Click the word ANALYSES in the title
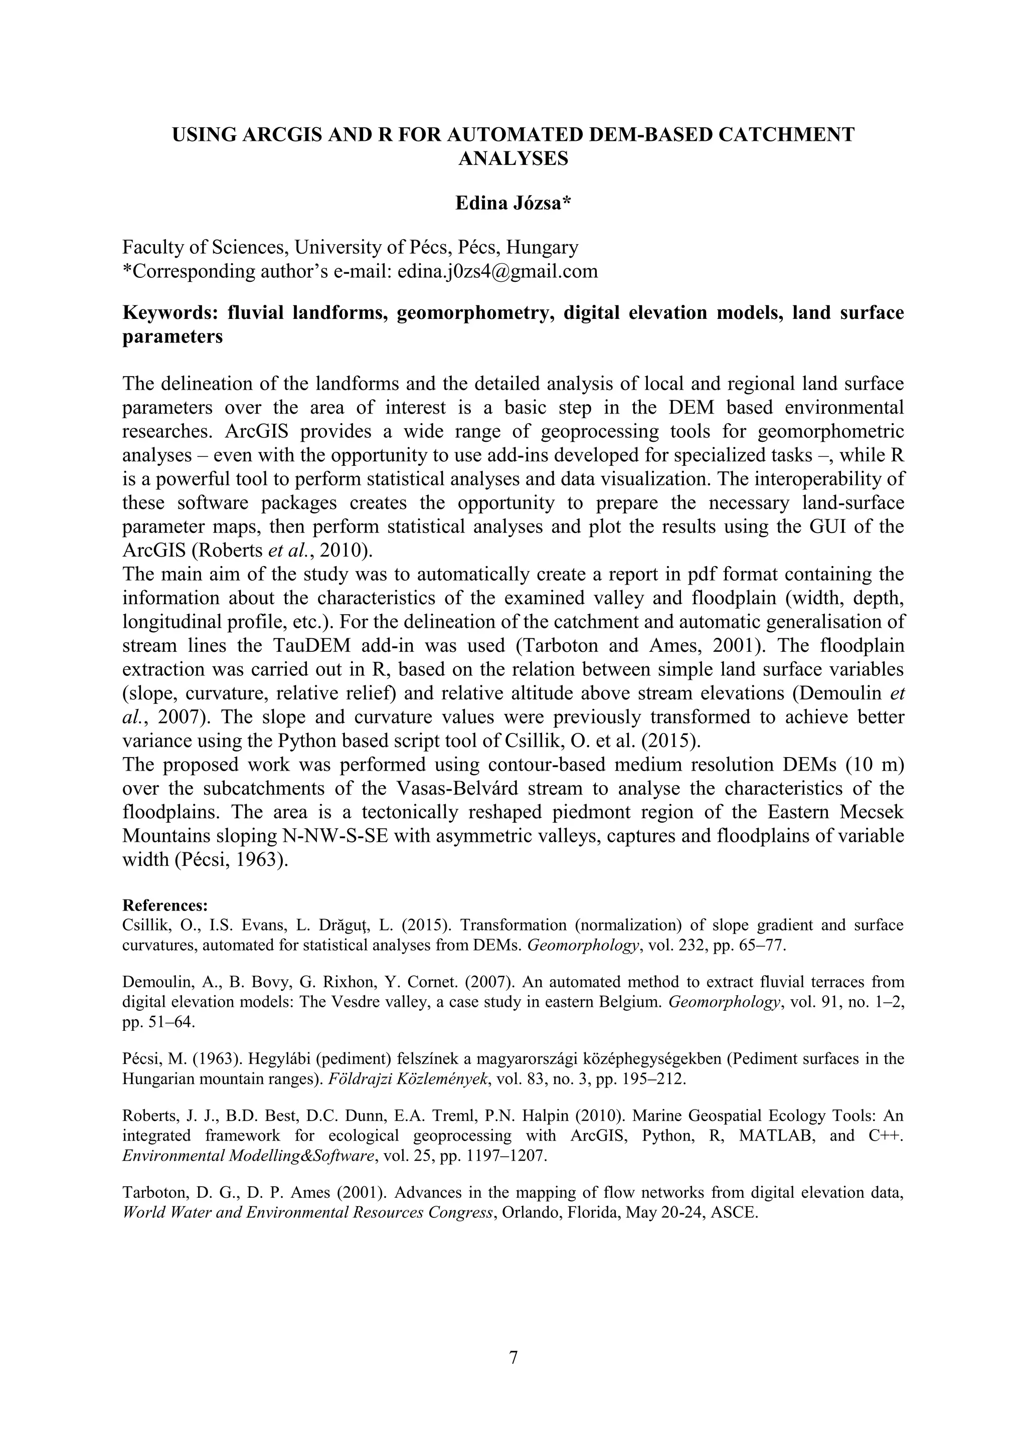pos(513,159)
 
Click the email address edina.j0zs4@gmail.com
pos(497,271)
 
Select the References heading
pos(164,904)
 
